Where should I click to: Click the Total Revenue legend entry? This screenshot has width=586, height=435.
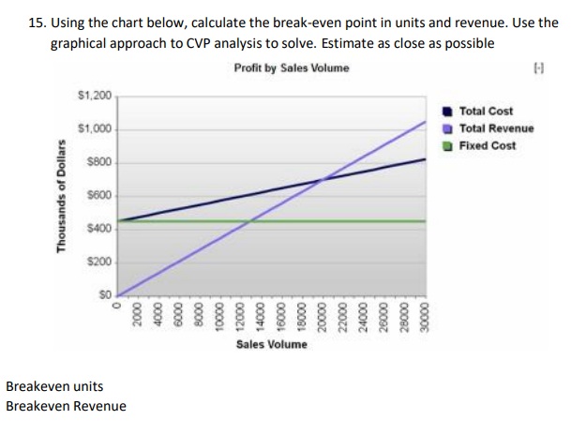[495, 128]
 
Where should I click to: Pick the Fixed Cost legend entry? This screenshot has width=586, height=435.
[488, 145]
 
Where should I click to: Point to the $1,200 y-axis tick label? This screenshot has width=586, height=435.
[95, 96]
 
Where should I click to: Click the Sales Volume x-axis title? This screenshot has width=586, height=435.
[271, 345]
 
